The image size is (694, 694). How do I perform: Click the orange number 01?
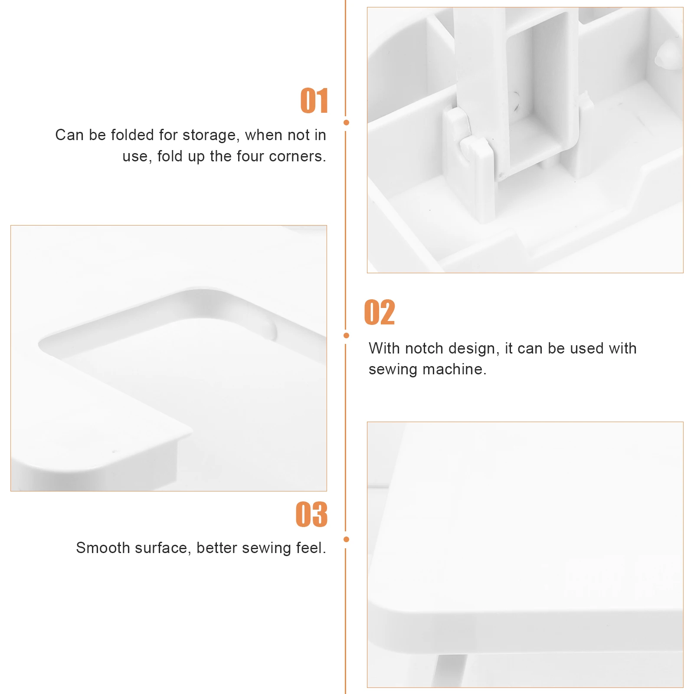(x=314, y=101)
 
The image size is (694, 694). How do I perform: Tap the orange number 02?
(x=380, y=312)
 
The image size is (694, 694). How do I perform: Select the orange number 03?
(x=311, y=514)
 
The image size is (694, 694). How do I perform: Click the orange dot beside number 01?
(x=346, y=123)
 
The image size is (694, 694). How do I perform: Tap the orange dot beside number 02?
(x=346, y=335)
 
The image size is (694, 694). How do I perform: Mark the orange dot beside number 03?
(x=346, y=539)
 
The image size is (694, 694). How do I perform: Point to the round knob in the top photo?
(x=667, y=56)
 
